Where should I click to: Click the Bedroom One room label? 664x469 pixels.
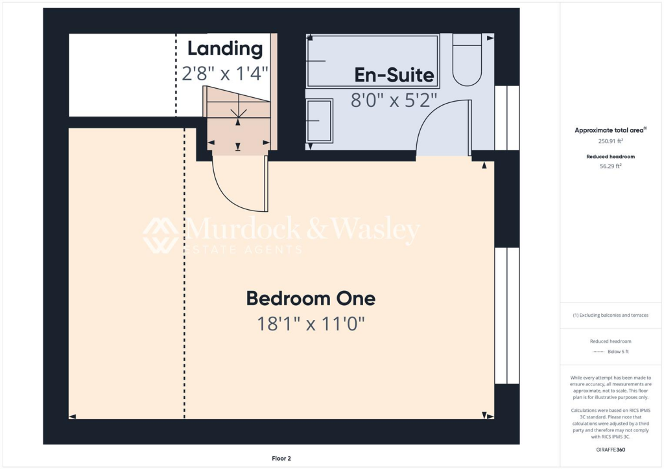click(311, 299)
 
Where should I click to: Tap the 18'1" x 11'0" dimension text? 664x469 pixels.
click(311, 323)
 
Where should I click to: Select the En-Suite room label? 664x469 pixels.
click(394, 75)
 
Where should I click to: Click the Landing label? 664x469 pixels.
click(225, 49)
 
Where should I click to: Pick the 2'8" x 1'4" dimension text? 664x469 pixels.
click(225, 73)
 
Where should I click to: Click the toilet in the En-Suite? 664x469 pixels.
click(467, 62)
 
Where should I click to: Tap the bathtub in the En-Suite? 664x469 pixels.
click(373, 61)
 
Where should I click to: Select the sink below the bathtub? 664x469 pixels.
click(319, 120)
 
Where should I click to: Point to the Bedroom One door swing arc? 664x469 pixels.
click(237, 188)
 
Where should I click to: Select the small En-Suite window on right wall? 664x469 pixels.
click(506, 118)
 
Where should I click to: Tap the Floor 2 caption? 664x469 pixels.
click(281, 458)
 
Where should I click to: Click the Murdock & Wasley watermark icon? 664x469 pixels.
click(161, 235)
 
